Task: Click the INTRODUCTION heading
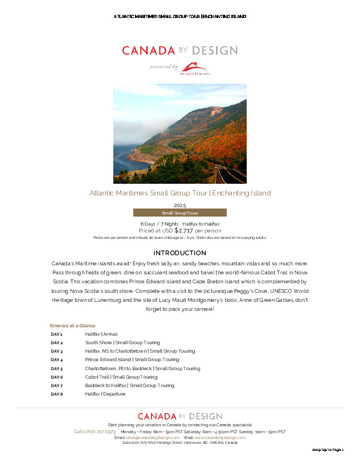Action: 179,253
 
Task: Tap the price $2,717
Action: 184,230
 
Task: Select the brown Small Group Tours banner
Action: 179,213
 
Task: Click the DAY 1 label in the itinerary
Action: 57,334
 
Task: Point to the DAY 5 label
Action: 57,369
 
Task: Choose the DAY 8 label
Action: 57,394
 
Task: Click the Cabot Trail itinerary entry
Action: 121,377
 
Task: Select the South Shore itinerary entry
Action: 122,343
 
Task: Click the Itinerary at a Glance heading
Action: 73,326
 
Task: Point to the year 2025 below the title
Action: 180,205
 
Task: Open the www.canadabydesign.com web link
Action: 220,437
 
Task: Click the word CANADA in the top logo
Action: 148,51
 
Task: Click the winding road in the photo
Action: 230,173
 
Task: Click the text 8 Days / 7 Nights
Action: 159,225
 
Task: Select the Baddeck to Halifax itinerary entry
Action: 129,386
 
